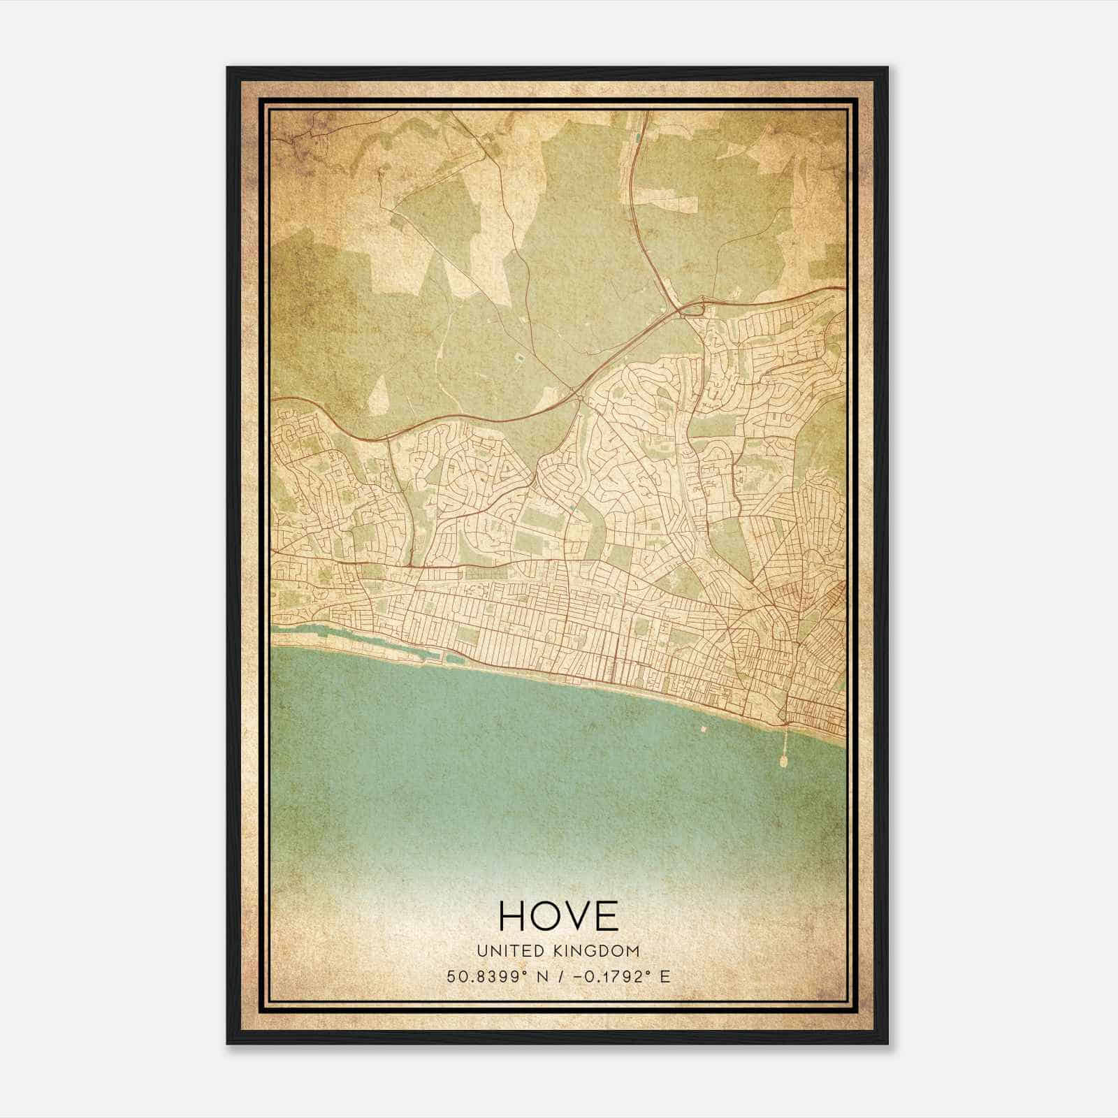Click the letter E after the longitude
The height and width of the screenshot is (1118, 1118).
[665, 976]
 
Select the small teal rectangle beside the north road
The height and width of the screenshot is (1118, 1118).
[638, 136]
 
